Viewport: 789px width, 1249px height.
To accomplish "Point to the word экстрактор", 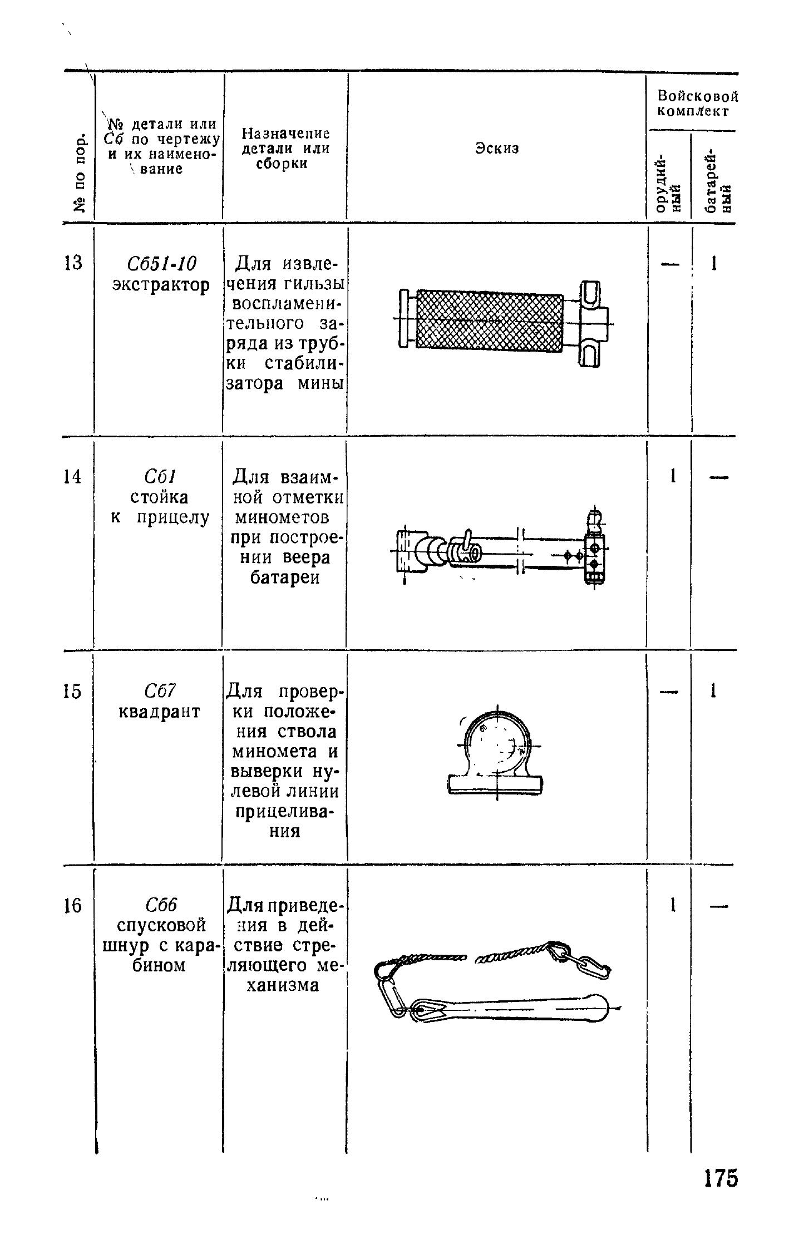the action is [x=161, y=284].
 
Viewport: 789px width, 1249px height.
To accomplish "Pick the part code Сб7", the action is [x=160, y=691].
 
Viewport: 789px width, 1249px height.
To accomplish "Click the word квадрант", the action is [x=160, y=712].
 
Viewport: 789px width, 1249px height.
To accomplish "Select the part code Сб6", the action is [x=160, y=905].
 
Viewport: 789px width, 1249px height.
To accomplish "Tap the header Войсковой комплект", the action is [x=698, y=103].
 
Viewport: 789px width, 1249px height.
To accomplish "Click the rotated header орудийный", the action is [x=669, y=181].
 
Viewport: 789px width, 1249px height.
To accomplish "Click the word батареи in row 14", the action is [x=284, y=577].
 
